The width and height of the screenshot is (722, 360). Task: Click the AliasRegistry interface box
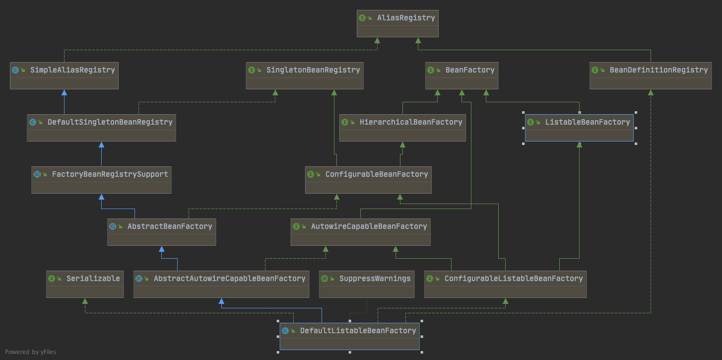[x=397, y=23]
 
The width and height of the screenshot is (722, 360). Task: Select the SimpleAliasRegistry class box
[x=64, y=75]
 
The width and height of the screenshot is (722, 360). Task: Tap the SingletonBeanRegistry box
[x=305, y=75]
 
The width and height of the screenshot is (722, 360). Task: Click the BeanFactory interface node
[x=461, y=75]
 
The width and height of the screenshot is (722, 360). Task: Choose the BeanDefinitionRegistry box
[x=651, y=75]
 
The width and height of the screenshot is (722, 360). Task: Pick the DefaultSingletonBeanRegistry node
[x=101, y=128]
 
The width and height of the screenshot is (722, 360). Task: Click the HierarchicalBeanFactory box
[x=402, y=128]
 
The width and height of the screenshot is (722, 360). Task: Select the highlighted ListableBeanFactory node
[x=579, y=128]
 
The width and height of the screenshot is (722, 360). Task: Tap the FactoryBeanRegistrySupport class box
[x=101, y=180]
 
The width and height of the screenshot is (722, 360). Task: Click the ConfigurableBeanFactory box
[x=368, y=180]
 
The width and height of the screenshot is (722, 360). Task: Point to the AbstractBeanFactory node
[x=162, y=232]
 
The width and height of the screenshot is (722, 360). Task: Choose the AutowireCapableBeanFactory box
[x=360, y=232]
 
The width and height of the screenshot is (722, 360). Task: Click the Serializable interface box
[x=85, y=284]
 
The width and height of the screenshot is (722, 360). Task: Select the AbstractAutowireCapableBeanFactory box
[x=221, y=284]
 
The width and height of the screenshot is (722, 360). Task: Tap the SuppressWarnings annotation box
[x=367, y=284]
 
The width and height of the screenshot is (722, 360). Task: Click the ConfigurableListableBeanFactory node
[x=505, y=284]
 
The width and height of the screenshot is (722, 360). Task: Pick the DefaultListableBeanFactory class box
[x=350, y=336]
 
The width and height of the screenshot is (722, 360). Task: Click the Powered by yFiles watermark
[x=30, y=352]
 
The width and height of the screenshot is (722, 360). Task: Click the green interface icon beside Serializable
[x=52, y=279]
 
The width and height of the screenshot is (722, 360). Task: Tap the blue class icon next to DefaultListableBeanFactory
[x=285, y=331]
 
